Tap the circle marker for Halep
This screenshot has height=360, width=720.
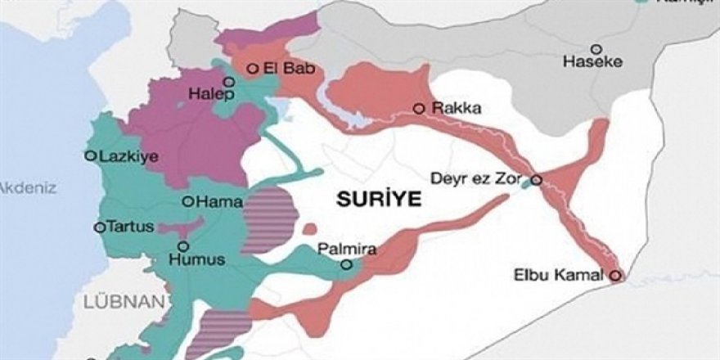(229, 81)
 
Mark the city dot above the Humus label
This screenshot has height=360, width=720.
(182, 245)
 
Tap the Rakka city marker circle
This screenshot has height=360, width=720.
(419, 108)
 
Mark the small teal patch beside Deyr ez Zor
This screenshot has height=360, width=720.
(525, 186)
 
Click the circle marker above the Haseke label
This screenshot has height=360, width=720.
(596, 48)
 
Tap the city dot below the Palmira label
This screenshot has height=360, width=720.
(346, 264)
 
